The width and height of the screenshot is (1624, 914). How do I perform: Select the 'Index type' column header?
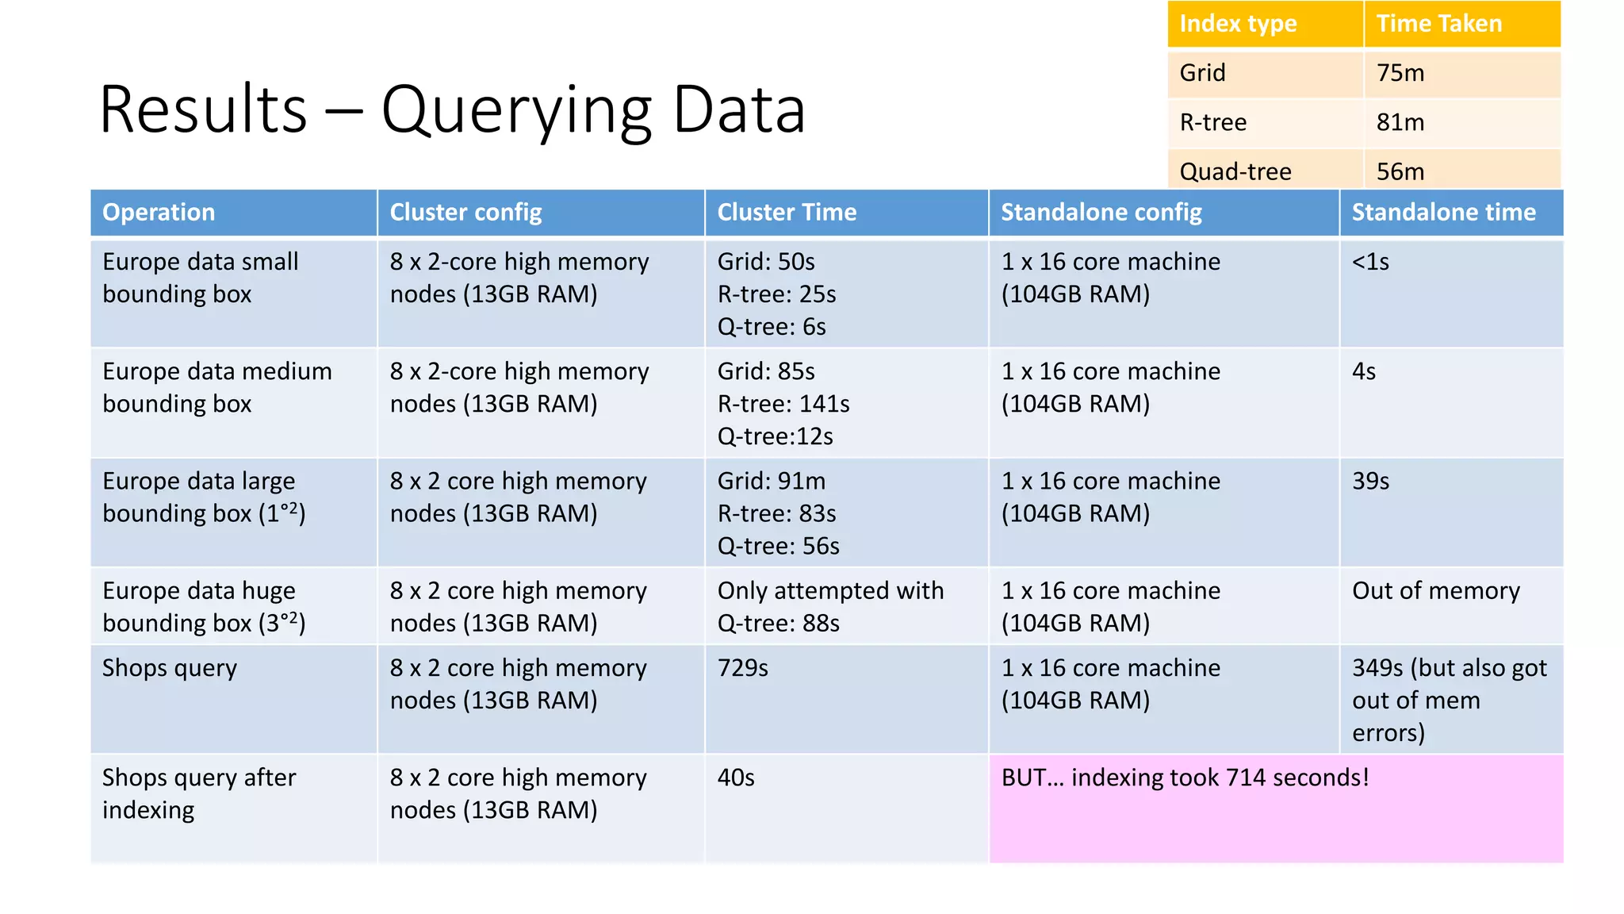[1238, 24]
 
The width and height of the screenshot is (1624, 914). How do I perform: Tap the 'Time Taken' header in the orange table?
[1438, 24]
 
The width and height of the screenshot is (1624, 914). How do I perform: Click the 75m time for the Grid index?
[1400, 73]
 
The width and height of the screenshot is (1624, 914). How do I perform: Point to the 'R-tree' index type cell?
[1212, 122]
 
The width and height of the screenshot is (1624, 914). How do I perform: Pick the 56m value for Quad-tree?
[1400, 171]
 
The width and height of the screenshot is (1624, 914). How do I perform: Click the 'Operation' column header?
[159, 213]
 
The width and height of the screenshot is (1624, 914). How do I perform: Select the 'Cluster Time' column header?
[787, 213]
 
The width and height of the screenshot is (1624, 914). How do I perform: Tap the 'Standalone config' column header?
[1101, 213]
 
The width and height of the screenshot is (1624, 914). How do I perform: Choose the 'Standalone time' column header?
[1443, 213]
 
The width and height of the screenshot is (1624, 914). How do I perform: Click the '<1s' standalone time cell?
[1370, 262]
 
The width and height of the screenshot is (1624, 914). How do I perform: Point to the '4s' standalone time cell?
[1364, 371]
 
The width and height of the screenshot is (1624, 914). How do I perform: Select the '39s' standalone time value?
[1370, 481]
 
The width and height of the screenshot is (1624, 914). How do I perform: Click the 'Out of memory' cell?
[1435, 591]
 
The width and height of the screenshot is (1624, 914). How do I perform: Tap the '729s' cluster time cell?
[742, 668]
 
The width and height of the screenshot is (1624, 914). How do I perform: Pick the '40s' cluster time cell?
[736, 778]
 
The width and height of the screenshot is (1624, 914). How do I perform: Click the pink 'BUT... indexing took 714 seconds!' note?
[1185, 778]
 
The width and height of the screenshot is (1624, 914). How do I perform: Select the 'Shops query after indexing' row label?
[198, 793]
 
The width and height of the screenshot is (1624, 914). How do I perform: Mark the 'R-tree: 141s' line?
[783, 404]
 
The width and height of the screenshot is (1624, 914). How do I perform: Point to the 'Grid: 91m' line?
[771, 481]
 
